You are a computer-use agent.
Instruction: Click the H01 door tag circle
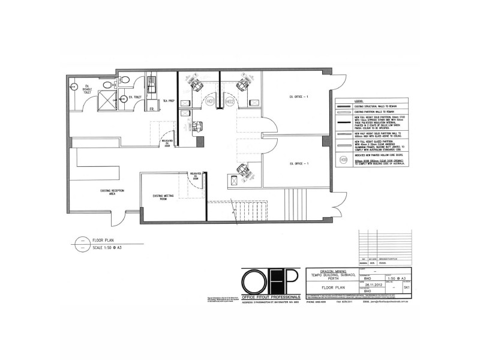[211, 102]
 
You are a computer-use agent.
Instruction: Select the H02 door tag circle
[229, 102]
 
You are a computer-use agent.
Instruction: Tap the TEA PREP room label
[166, 101]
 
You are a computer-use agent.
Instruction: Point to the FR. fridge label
[152, 109]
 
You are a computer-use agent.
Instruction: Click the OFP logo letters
[268, 283]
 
